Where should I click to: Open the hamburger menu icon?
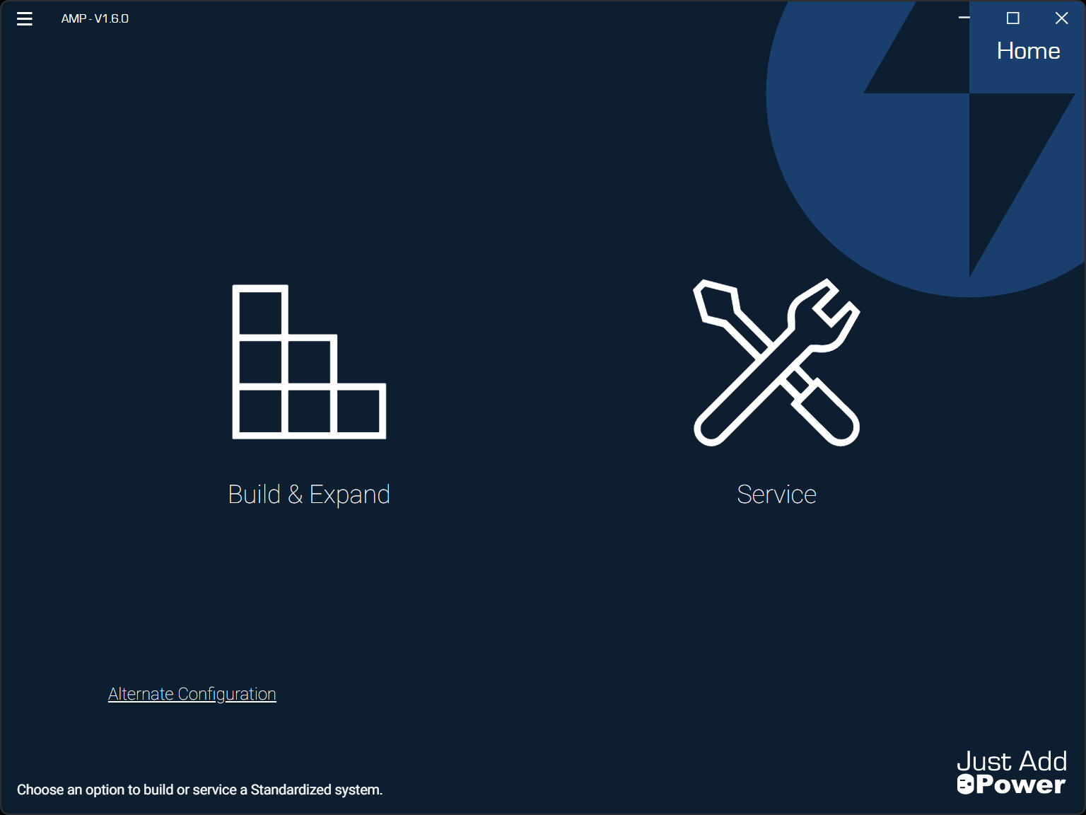tap(25, 19)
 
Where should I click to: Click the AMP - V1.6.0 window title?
tap(95, 19)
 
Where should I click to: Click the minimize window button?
tap(964, 18)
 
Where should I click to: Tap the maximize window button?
tap(1012, 18)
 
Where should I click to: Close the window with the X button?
tap(1061, 18)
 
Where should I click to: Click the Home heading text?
tap(1028, 51)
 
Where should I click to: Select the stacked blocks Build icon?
tap(309, 362)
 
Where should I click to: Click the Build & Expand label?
tap(309, 494)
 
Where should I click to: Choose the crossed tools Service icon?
tap(776, 362)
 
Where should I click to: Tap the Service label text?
tap(776, 494)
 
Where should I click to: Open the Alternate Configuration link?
tap(192, 694)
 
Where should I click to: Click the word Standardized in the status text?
tap(291, 790)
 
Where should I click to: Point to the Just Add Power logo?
tap(1011, 773)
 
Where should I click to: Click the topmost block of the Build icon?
tap(260, 311)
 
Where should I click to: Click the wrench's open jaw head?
tap(827, 311)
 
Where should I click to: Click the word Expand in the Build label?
tap(349, 494)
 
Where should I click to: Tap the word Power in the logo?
tap(1021, 785)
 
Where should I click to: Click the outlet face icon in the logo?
tap(965, 785)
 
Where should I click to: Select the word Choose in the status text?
tap(40, 790)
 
